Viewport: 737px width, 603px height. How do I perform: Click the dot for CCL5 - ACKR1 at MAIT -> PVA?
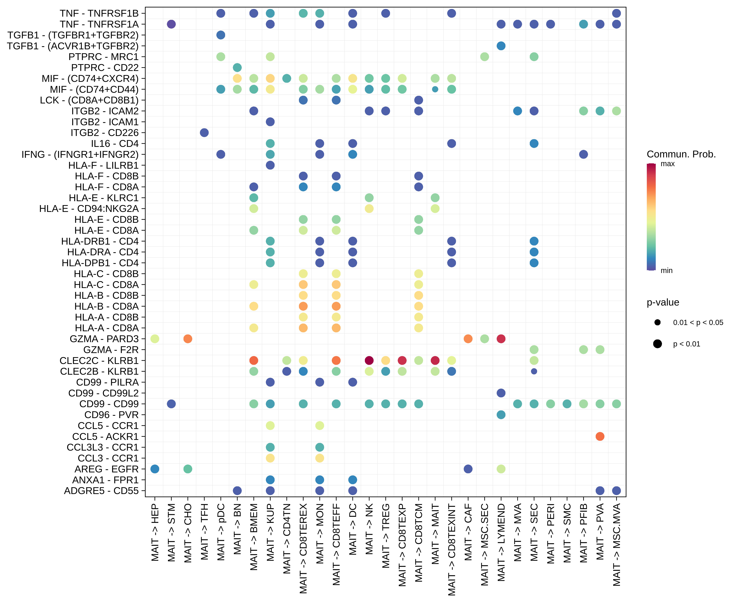coord(600,436)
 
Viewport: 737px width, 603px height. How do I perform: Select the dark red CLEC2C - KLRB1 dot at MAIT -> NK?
coord(369,361)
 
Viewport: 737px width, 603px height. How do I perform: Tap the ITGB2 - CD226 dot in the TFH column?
coord(204,133)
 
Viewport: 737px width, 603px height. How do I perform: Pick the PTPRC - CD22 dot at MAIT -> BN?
coord(237,67)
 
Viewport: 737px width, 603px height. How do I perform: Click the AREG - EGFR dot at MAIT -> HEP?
coord(155,469)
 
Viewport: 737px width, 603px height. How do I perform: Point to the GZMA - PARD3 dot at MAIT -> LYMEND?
coord(501,339)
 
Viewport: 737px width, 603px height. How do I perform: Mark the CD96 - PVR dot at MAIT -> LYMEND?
coord(501,415)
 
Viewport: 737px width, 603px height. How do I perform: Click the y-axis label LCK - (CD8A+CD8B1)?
coord(89,100)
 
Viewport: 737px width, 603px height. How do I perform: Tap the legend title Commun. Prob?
coord(681,154)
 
